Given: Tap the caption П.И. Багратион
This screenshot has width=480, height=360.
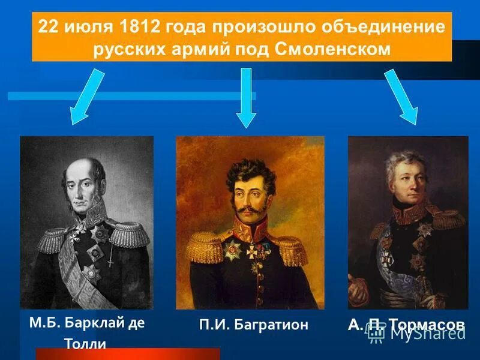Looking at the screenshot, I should tap(254, 325).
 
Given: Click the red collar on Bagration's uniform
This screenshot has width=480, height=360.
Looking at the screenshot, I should tap(249, 229).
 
